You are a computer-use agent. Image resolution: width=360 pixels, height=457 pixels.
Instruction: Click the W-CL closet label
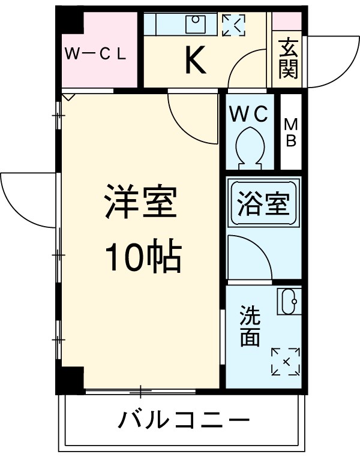[95, 55]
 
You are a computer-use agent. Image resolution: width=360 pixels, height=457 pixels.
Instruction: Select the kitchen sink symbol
[195, 24]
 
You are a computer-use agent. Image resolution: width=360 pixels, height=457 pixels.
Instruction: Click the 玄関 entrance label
[289, 58]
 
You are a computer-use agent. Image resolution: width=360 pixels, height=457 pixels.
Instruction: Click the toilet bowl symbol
[249, 146]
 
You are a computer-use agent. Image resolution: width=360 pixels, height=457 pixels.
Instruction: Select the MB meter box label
[291, 133]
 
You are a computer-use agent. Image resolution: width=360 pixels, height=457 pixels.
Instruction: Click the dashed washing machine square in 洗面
[285, 360]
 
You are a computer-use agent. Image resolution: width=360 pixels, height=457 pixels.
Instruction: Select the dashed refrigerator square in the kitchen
[233, 25]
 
